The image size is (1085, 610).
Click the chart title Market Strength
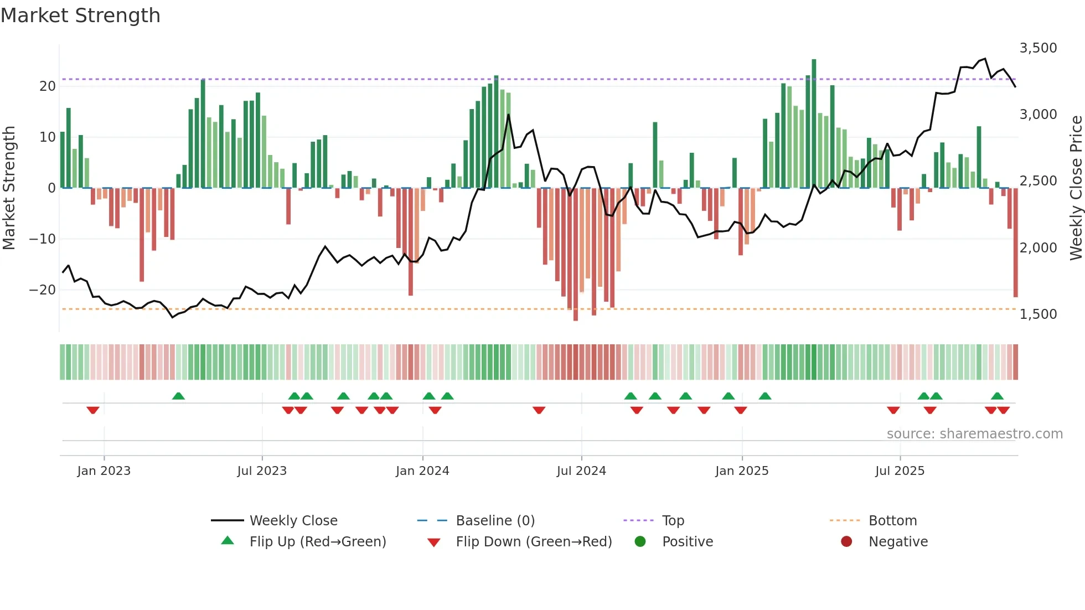(80, 15)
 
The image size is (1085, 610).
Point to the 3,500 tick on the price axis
(1038, 48)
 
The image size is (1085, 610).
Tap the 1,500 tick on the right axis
(1038, 314)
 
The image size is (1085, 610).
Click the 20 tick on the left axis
(48, 86)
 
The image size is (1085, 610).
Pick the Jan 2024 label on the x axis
(422, 471)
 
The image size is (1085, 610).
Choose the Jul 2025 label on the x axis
(900, 471)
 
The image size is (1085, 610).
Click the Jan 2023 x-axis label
(104, 471)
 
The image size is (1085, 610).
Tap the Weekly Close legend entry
(293, 521)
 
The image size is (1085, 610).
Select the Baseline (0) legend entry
(495, 521)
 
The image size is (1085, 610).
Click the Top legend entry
(673, 521)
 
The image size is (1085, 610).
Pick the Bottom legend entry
(892, 521)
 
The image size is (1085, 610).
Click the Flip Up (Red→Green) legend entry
(317, 542)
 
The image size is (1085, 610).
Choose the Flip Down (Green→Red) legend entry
(534, 542)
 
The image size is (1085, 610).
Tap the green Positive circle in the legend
(640, 542)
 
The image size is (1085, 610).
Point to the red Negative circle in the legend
(846, 542)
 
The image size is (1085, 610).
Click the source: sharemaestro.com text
(974, 434)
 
